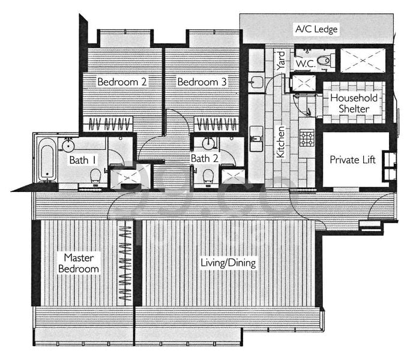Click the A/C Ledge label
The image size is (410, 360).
click(x=316, y=29)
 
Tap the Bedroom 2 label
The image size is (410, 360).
click(x=122, y=82)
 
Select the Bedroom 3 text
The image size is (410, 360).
click(x=202, y=82)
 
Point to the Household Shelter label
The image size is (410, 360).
click(x=354, y=103)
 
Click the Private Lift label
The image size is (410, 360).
click(x=352, y=160)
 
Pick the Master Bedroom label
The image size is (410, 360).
click(x=79, y=263)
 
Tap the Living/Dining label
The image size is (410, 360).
click(x=228, y=263)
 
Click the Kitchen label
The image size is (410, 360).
click(x=280, y=142)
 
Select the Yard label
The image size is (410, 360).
click(x=280, y=61)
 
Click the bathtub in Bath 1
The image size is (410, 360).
click(x=47, y=160)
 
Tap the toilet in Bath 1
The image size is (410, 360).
click(x=95, y=176)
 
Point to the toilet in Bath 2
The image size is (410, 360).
click(x=208, y=176)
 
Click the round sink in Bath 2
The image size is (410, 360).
click(x=208, y=143)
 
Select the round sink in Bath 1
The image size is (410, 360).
click(x=68, y=145)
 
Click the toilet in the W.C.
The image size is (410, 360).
click(x=325, y=61)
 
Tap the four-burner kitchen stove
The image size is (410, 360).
click(x=307, y=138)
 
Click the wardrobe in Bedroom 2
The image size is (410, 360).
click(x=108, y=124)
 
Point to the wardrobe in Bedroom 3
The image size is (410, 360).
click(x=217, y=124)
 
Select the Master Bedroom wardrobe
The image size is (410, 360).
click(x=125, y=263)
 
